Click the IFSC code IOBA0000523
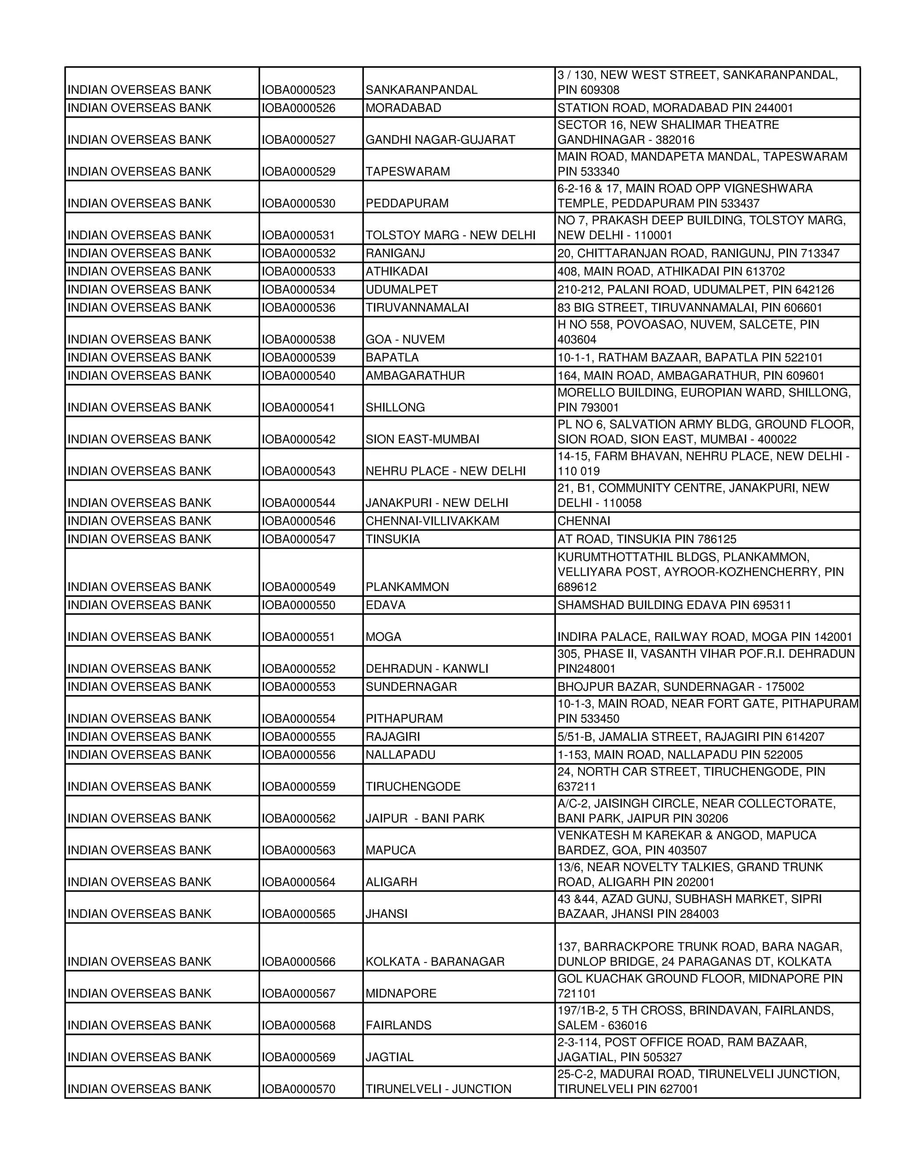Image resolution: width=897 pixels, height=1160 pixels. (298, 90)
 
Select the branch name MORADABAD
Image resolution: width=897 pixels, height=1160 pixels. (403, 108)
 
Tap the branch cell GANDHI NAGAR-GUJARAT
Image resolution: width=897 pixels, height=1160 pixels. (440, 140)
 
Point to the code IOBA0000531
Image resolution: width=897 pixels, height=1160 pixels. (298, 236)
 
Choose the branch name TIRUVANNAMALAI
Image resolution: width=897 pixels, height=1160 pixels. (417, 308)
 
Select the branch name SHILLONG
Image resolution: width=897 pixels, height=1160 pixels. (395, 408)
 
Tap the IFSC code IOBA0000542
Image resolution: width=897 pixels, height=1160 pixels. (298, 439)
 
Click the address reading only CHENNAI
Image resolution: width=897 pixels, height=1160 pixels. (583, 521)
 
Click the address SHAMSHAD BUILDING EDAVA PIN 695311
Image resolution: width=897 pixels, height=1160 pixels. (674, 605)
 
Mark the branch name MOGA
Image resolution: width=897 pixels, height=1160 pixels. (383, 637)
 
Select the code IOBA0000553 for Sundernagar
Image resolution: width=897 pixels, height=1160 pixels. (298, 687)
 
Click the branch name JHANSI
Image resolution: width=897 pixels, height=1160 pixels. (386, 914)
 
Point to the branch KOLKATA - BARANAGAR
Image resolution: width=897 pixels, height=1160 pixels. (434, 962)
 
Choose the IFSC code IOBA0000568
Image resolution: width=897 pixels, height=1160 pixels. (298, 1026)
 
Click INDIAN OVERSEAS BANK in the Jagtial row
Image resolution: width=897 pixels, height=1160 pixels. (139, 1058)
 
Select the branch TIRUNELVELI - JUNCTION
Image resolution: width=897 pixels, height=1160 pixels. (438, 1090)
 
